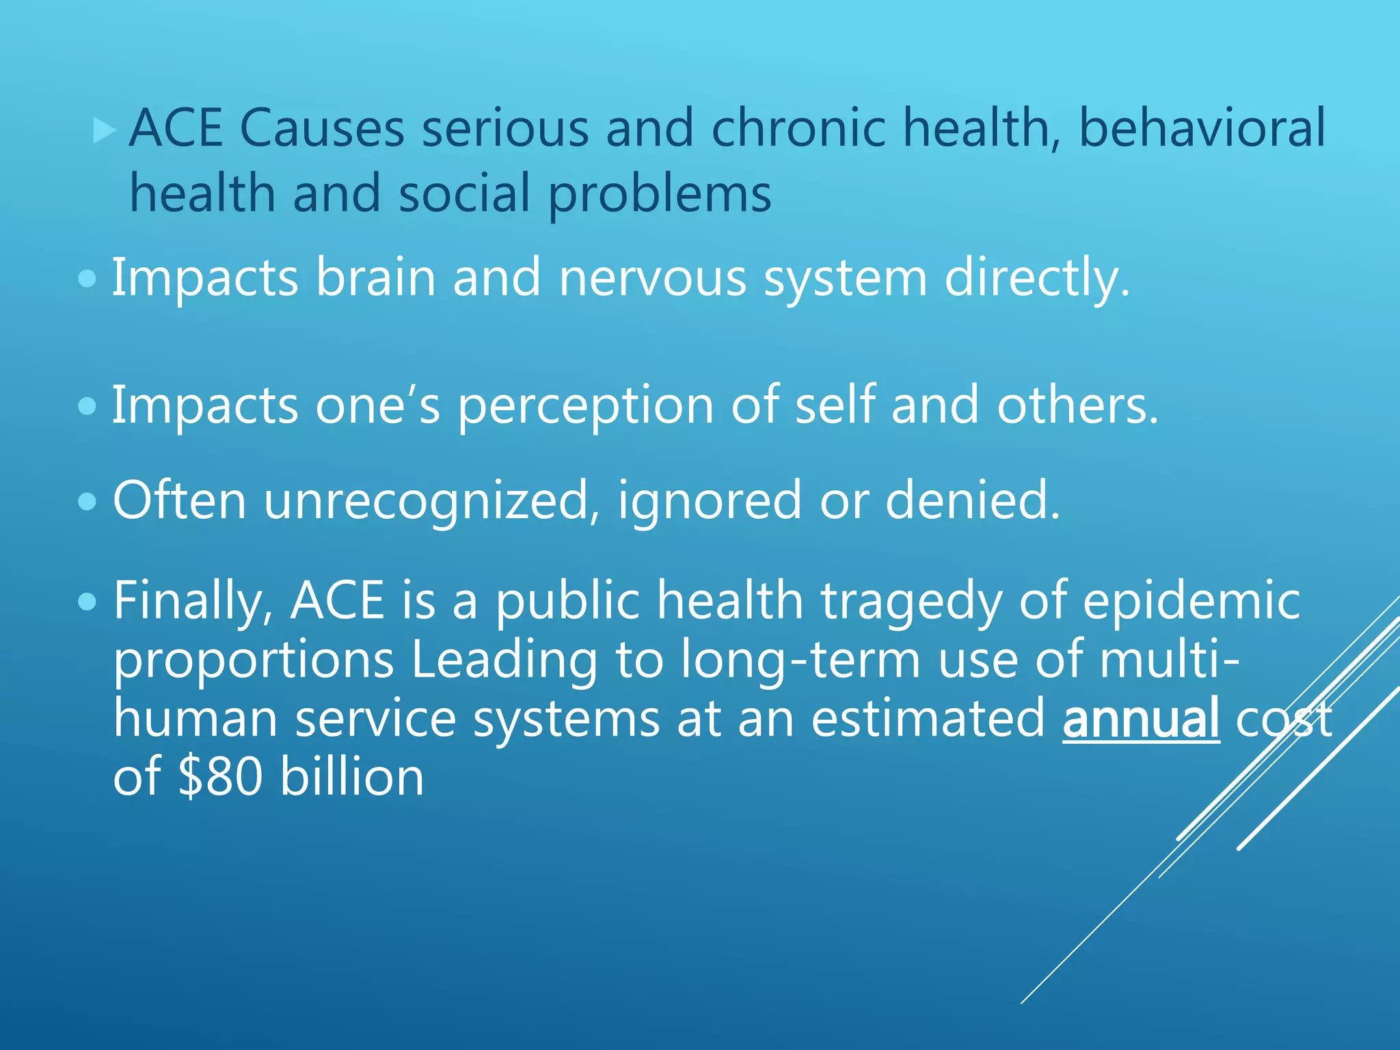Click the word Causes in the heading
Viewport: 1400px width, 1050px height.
point(322,129)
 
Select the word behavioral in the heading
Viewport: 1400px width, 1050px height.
point(1202,129)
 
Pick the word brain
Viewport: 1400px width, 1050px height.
point(375,278)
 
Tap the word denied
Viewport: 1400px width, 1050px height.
point(972,501)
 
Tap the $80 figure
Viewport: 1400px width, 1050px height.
point(220,777)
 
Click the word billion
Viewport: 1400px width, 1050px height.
point(352,777)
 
